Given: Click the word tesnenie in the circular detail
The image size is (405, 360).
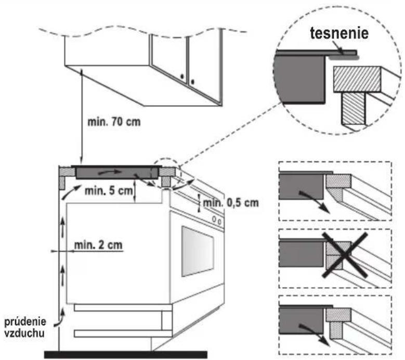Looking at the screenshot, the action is click(x=339, y=34).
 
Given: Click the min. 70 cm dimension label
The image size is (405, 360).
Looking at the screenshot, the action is click(x=114, y=122).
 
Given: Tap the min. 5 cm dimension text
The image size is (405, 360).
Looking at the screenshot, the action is click(x=109, y=191).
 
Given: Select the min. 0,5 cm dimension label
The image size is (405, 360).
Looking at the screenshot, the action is click(x=231, y=203).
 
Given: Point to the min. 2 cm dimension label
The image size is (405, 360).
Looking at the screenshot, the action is click(x=98, y=245).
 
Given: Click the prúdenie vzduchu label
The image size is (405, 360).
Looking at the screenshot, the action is click(x=25, y=327).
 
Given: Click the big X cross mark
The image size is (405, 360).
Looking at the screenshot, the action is click(x=345, y=255).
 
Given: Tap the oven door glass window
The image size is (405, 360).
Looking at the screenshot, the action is click(x=198, y=251).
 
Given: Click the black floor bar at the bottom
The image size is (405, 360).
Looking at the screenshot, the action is click(x=126, y=355).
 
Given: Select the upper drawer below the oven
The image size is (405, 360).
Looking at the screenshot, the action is click(x=123, y=307).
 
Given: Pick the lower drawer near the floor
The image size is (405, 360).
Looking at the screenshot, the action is click(x=123, y=333).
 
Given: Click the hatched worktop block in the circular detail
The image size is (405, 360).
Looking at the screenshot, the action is click(x=357, y=80).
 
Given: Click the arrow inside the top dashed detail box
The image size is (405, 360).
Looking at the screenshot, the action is click(x=315, y=202).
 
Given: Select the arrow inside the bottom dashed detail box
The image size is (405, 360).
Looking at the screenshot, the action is click(x=315, y=335).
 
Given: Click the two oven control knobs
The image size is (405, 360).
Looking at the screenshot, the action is click(x=217, y=220).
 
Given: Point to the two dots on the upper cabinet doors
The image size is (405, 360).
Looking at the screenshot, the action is click(x=187, y=79).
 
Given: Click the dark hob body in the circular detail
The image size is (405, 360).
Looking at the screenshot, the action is click(x=299, y=79).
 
